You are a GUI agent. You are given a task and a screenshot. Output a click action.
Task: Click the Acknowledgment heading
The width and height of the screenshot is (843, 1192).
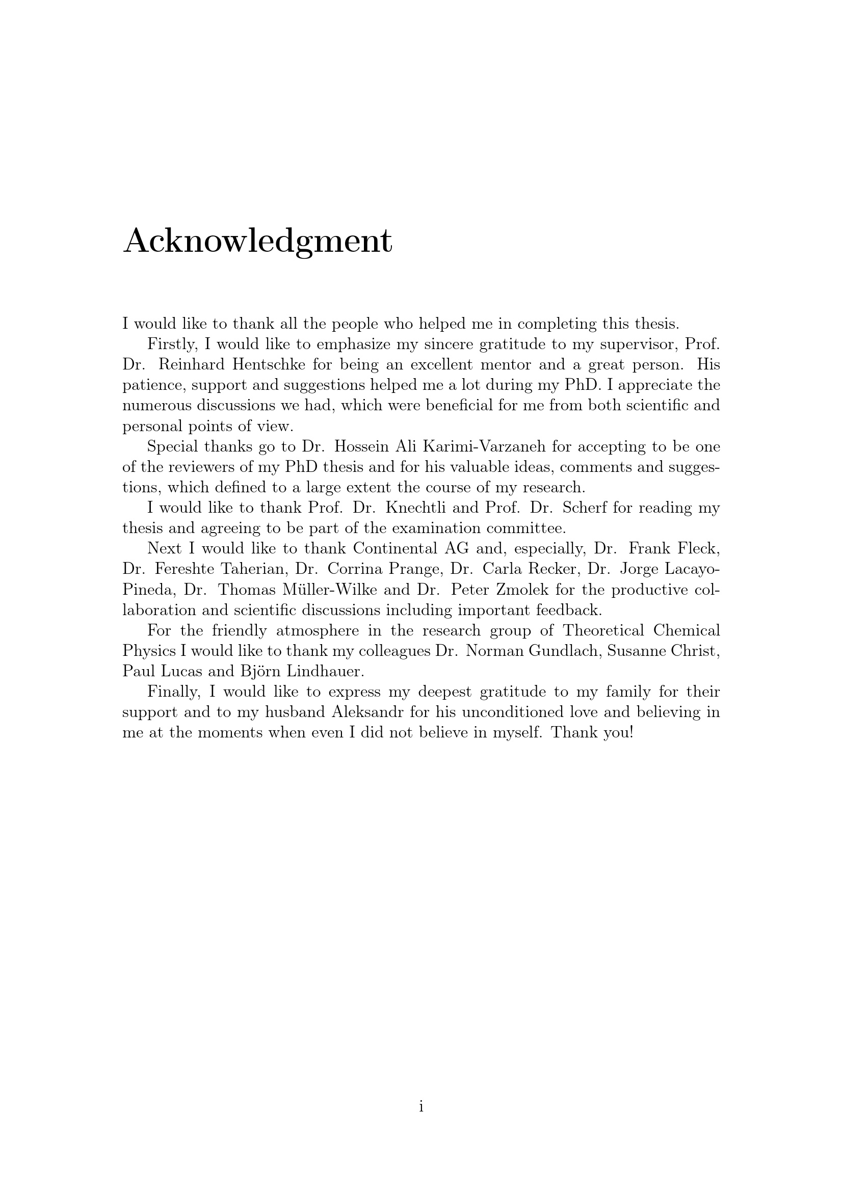point(257,242)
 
